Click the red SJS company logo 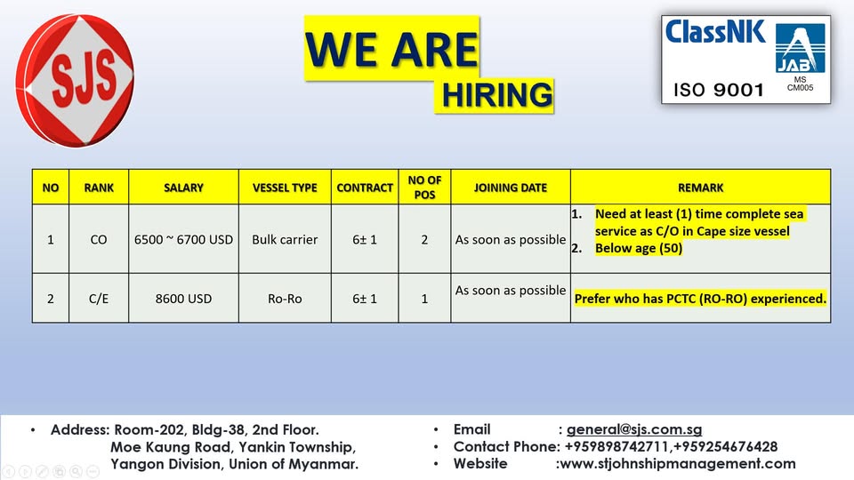tap(75, 81)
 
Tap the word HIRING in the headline tap(496, 95)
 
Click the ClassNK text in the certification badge tap(714, 32)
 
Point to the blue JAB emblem tap(800, 48)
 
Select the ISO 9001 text tap(719, 90)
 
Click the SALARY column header tap(183, 188)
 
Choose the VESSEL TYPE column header tap(285, 188)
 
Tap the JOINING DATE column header tap(511, 188)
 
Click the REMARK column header tap(700, 188)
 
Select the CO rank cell tap(99, 239)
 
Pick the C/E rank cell tap(99, 299)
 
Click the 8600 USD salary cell tap(183, 299)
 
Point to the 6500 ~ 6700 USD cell tap(183, 239)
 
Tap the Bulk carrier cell tap(285, 239)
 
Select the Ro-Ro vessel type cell tap(285, 299)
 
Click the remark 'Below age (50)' tap(639, 248)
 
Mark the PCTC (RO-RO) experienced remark tap(700, 299)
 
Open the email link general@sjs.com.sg tap(634, 429)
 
